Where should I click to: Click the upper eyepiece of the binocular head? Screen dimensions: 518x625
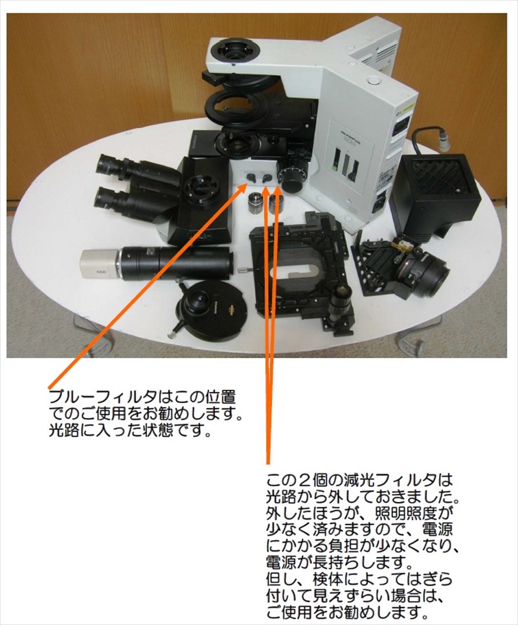click(107, 164)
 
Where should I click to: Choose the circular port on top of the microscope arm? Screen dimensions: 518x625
click(232, 52)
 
